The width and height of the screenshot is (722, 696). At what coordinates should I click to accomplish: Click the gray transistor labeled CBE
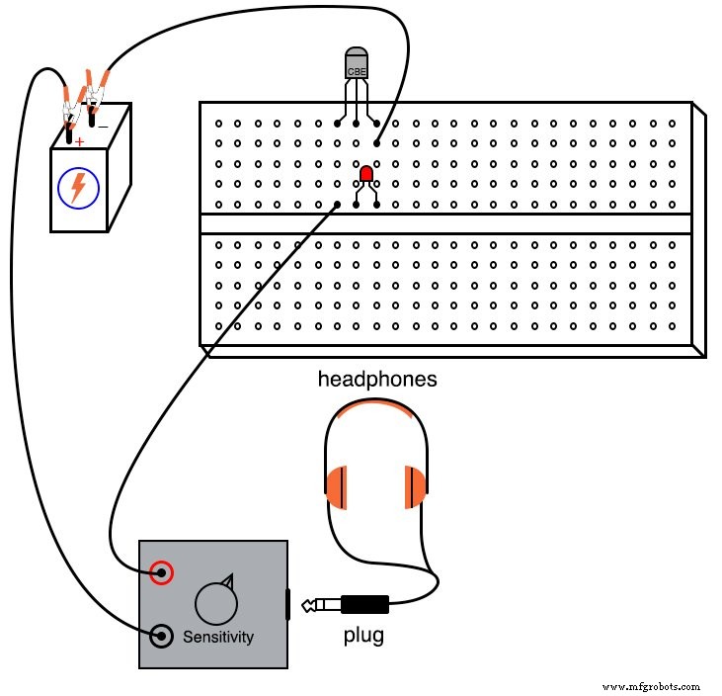tap(357, 64)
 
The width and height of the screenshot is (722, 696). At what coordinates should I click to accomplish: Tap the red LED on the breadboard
tap(365, 175)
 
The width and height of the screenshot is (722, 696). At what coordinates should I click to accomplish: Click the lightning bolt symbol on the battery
tap(77, 188)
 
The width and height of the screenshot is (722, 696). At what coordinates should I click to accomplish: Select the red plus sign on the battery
tap(79, 142)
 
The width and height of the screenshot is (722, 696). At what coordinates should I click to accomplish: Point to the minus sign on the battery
tap(102, 125)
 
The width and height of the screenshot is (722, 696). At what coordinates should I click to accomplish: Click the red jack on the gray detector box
tap(162, 572)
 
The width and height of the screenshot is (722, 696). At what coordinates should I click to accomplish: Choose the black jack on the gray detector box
tap(161, 636)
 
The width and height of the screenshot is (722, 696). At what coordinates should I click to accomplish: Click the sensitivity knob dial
tap(215, 601)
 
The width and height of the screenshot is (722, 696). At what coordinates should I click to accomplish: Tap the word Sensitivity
tap(217, 637)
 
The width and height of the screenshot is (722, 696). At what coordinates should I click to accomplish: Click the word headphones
tap(376, 379)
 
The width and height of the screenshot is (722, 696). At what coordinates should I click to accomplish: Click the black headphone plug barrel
tap(364, 602)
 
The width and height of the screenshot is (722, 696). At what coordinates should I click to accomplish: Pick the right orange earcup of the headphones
tap(415, 486)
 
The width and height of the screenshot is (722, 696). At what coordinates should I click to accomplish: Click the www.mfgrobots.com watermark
tap(650, 685)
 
